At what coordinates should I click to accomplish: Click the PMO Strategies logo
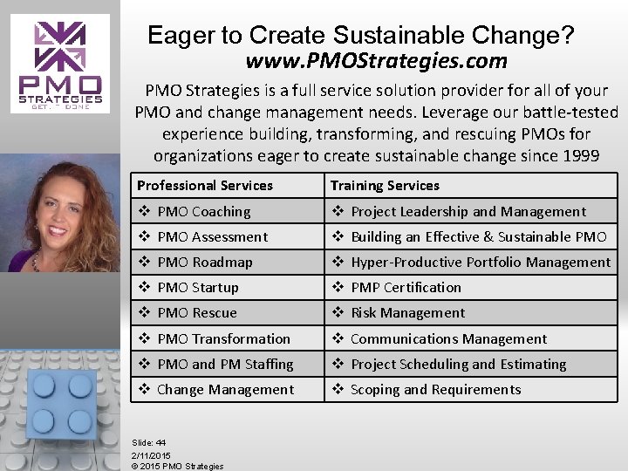pos(61,63)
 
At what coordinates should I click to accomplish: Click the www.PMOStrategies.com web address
pos(376,62)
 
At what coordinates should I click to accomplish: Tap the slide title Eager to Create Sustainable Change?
pos(361,36)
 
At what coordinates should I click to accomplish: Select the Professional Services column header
pos(205,185)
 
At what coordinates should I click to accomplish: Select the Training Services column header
pos(385,185)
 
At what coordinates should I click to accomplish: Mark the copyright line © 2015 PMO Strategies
pos(177,466)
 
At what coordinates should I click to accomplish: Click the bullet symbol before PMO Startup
pos(145,287)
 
